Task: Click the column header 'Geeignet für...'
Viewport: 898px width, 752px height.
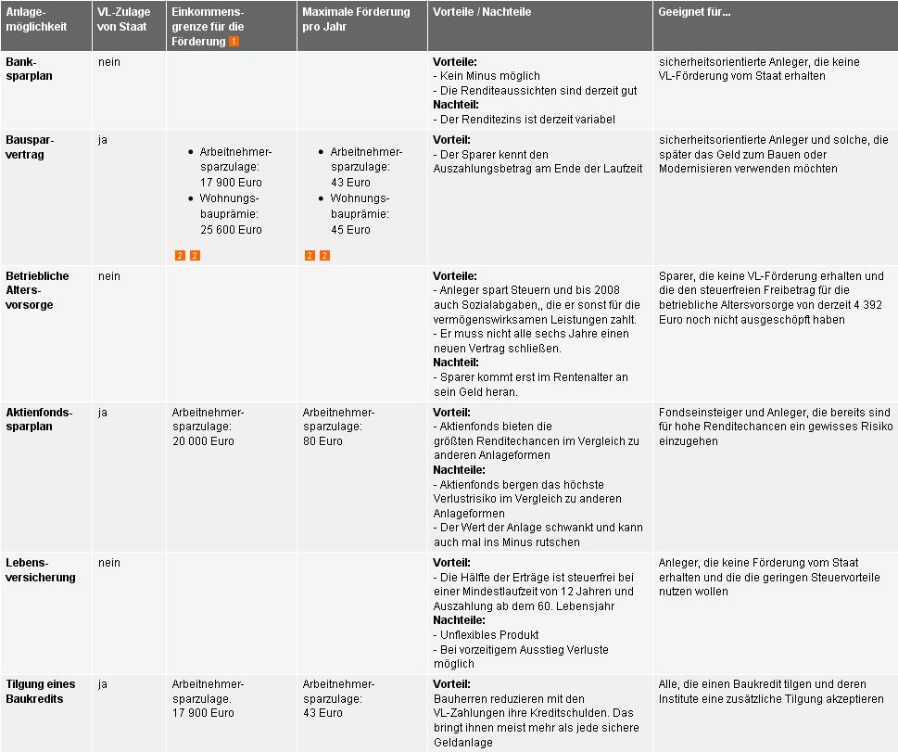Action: pyautogui.click(x=694, y=13)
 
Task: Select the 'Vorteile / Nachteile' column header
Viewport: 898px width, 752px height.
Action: pyautogui.click(x=482, y=13)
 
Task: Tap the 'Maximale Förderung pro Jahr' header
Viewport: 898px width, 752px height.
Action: pyautogui.click(x=356, y=19)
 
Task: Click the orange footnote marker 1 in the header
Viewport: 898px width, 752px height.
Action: pyautogui.click(x=234, y=42)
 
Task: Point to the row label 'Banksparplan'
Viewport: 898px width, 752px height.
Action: pyautogui.click(x=29, y=69)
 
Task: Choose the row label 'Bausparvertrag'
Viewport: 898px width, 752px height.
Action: pyautogui.click(x=30, y=147)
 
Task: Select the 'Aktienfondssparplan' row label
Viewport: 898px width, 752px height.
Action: pyautogui.click(x=38, y=419)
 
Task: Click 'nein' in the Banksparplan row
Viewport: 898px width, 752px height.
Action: pyautogui.click(x=108, y=62)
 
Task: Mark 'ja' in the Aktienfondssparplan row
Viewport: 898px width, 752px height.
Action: pyautogui.click(x=103, y=413)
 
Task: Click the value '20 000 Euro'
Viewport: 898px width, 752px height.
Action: pyautogui.click(x=203, y=441)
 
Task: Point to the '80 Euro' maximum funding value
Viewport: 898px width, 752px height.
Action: pyautogui.click(x=323, y=441)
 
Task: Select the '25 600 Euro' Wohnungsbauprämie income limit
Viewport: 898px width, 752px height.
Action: pyautogui.click(x=231, y=230)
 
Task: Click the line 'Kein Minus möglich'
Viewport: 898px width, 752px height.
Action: pyautogui.click(x=489, y=76)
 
